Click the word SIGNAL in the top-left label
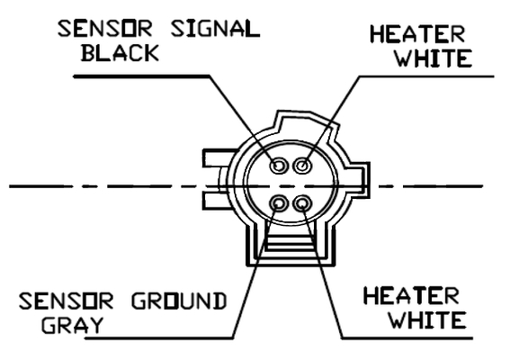(x=215, y=28)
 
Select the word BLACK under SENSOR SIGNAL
(x=120, y=53)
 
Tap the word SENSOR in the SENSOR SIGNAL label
(x=104, y=28)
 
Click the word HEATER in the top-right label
(x=417, y=34)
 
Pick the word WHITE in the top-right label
(x=434, y=58)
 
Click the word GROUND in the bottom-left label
(x=179, y=301)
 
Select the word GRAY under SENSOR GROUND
(x=72, y=325)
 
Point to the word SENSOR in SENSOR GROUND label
(x=66, y=301)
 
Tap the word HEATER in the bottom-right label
(x=411, y=295)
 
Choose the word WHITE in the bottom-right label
(x=428, y=319)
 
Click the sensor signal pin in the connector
(x=279, y=166)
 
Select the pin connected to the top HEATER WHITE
(x=303, y=166)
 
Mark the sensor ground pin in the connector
(x=279, y=203)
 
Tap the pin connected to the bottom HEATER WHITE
(x=302, y=203)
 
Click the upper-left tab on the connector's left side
(x=219, y=158)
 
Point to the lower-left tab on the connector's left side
(x=215, y=202)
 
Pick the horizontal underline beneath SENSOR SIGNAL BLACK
(x=142, y=76)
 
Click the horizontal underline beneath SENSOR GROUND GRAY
(x=159, y=338)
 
